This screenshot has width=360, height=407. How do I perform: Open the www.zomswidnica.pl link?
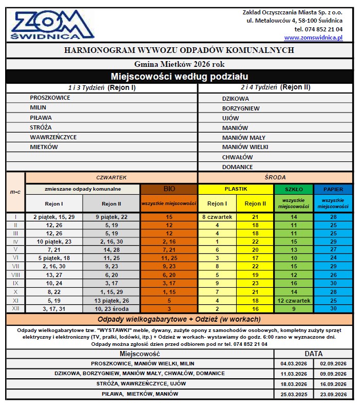coord(313,38)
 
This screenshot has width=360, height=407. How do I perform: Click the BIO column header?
coord(169,189)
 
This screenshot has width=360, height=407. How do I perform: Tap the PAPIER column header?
coord(334,189)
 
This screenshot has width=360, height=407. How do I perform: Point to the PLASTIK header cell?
coord(236,189)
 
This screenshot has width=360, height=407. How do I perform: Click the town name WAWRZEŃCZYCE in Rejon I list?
coord(53,137)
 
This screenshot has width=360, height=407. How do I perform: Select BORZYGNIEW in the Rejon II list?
coord(241,108)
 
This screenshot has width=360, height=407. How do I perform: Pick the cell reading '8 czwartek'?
coord(217,217)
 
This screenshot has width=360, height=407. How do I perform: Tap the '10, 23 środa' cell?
coord(112,309)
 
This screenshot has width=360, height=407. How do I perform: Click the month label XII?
coord(15,309)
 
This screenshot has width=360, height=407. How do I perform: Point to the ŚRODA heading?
coord(275,177)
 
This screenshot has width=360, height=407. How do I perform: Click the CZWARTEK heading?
coord(111,177)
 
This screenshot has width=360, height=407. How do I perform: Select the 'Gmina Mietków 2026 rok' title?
coord(179,64)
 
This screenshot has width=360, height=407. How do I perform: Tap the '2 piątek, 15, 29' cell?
coord(54,217)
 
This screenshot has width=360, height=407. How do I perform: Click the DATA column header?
coord(314,354)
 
